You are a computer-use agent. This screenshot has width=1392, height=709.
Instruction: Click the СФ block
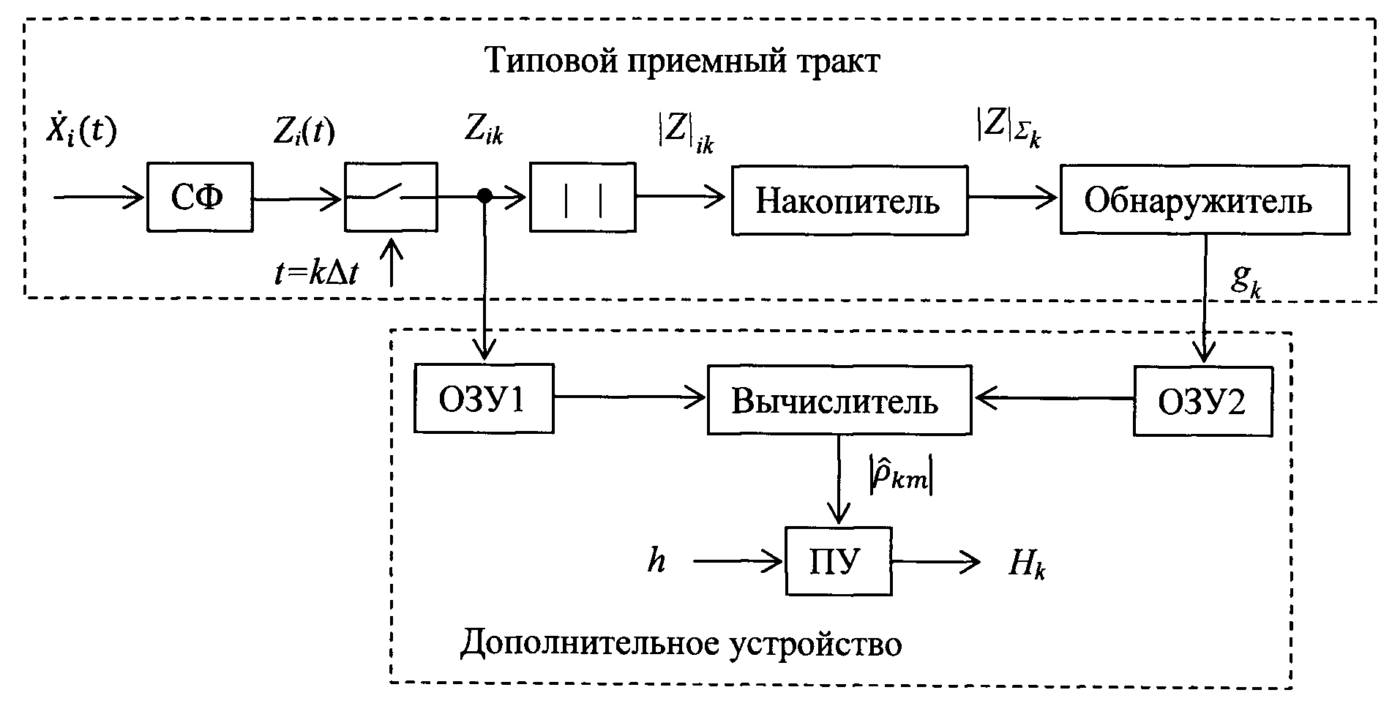[200, 198]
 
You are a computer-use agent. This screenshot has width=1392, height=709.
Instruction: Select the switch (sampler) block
[391, 198]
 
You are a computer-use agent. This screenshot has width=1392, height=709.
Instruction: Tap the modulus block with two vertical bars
[583, 198]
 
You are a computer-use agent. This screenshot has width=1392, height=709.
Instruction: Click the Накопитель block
[849, 200]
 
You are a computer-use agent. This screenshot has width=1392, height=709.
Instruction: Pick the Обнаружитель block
[1205, 200]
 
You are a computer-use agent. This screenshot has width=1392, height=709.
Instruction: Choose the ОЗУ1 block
[483, 399]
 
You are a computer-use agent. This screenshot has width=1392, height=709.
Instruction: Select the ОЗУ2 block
[1202, 401]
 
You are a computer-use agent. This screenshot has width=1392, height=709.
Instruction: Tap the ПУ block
[839, 561]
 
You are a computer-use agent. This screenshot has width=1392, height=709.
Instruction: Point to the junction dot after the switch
[484, 196]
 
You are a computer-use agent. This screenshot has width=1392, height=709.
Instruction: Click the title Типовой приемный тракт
[682, 61]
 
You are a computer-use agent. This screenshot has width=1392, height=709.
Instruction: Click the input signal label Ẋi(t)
[81, 132]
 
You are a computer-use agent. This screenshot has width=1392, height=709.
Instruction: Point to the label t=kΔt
[317, 274]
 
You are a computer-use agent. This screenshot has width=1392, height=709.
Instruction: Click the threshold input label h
[656, 561]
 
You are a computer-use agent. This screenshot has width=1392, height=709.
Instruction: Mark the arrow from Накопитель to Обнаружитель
[1013, 197]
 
